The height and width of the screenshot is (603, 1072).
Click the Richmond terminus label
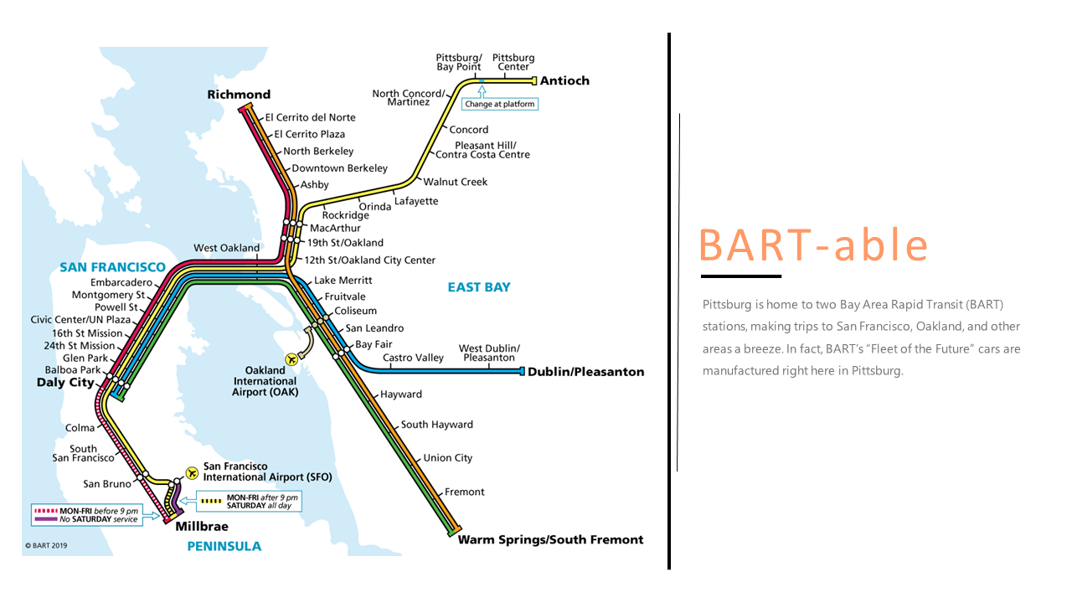click(x=239, y=95)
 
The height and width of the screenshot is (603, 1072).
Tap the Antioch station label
click(x=564, y=81)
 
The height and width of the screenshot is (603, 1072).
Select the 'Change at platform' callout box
click(x=500, y=105)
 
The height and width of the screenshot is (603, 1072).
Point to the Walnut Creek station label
click(x=455, y=182)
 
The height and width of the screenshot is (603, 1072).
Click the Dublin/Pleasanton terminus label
click(x=585, y=372)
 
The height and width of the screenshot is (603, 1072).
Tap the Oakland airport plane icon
click(x=291, y=358)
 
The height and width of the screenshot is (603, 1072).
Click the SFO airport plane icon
click(x=192, y=472)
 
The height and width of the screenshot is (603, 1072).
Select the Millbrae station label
click(x=201, y=527)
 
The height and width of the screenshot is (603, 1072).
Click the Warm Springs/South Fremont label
click(x=550, y=540)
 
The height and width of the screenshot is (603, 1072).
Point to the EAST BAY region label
click(x=478, y=287)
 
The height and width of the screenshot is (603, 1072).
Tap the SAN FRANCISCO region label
click(x=112, y=267)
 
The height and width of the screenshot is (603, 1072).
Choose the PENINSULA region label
click(x=224, y=546)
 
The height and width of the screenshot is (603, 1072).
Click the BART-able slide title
click(x=813, y=245)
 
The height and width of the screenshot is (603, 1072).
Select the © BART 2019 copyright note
click(x=46, y=545)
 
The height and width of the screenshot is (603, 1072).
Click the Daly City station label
click(x=65, y=383)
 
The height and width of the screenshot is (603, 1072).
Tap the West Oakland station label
click(x=226, y=248)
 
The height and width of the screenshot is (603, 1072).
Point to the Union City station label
click(x=448, y=458)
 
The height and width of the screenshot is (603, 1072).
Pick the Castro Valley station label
click(x=413, y=358)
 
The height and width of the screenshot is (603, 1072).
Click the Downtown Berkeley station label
click(x=339, y=168)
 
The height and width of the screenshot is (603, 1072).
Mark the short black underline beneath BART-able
click(x=740, y=276)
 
